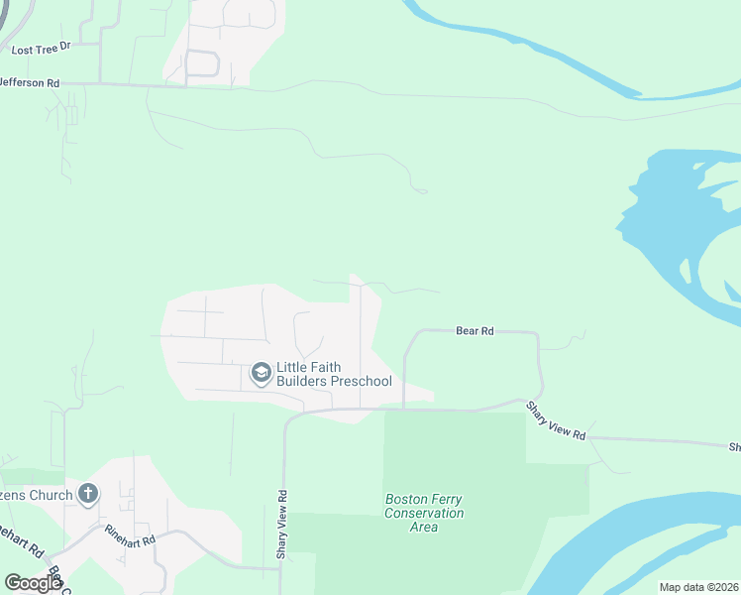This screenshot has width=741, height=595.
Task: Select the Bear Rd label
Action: [x=475, y=331]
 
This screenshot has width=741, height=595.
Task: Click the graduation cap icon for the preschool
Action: [x=262, y=373]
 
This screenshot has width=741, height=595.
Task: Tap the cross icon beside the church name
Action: [x=88, y=494]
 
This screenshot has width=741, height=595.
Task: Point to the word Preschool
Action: [x=361, y=382]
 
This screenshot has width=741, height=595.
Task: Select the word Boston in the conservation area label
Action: [x=405, y=499]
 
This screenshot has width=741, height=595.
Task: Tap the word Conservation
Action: [x=424, y=513]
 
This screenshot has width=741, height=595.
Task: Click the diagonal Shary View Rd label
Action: [x=556, y=421]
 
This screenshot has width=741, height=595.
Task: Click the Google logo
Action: [x=33, y=582]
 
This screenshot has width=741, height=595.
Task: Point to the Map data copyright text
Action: [x=698, y=587]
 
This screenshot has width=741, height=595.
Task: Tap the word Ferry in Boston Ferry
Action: [x=446, y=499]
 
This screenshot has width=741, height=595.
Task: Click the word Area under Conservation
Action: [x=424, y=527]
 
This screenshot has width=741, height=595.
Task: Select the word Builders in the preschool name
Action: [x=307, y=382]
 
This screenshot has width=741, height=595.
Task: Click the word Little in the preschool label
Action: [x=293, y=367]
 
